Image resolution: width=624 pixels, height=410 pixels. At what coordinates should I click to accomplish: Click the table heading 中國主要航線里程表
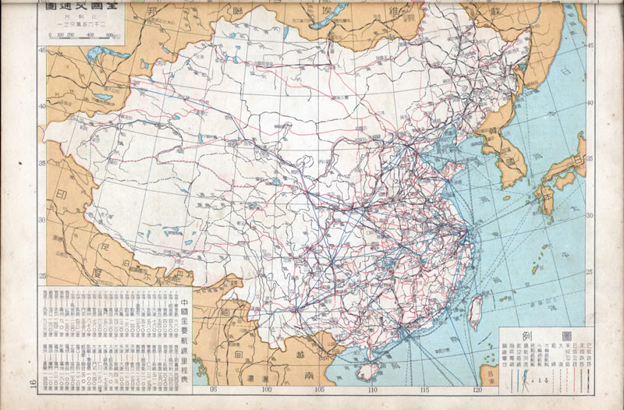coord(184,328)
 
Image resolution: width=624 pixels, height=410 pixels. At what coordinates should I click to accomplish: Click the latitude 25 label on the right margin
coord(590,272)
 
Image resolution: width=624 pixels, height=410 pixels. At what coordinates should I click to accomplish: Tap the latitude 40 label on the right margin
coord(590,103)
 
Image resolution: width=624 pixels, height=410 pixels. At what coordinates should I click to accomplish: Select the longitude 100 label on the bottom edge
coord(266,391)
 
